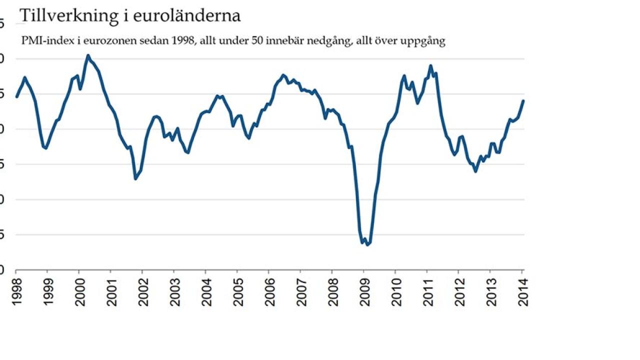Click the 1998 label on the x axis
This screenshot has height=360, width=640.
click(16, 291)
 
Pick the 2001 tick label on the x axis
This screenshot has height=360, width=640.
click(111, 291)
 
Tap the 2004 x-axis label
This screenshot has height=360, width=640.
click(205, 291)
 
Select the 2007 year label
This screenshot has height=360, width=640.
click(300, 291)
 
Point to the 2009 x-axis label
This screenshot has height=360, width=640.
click(363, 291)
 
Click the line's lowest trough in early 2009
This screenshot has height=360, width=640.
click(367, 244)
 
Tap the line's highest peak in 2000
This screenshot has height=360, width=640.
click(87, 55)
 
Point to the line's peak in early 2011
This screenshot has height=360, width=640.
click(430, 65)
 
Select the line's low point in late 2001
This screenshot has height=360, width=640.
click(135, 178)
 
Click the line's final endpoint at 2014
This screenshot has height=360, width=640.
click(523, 100)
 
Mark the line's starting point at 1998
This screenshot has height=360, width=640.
click(16, 97)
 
